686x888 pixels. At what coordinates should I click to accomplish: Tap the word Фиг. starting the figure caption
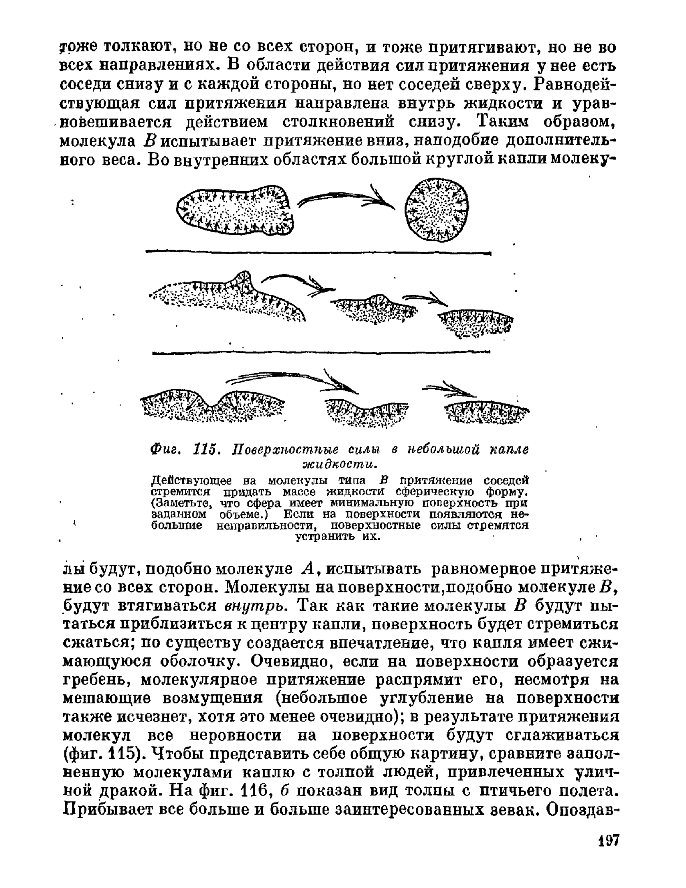click(x=165, y=449)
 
